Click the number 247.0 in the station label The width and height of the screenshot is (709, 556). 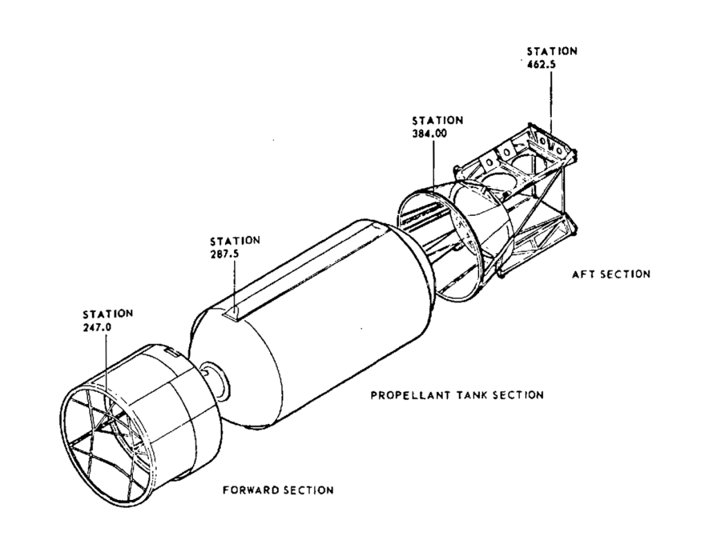coord(97,327)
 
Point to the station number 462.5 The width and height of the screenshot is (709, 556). coord(541,64)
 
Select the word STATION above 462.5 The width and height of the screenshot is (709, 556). coord(552,51)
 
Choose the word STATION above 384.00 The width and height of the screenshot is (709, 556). coord(438,120)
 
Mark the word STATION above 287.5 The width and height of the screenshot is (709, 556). coord(235,240)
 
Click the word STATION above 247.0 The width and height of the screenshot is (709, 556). coord(108,313)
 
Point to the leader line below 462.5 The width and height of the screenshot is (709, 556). coord(550,102)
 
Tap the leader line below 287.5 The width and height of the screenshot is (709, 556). coord(235,285)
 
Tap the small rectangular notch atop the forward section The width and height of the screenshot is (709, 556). coord(172,351)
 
